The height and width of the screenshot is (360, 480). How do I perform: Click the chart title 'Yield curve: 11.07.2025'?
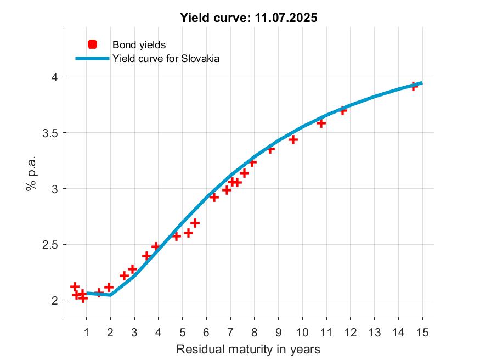click(249, 18)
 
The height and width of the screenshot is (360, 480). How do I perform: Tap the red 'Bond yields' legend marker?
click(92, 44)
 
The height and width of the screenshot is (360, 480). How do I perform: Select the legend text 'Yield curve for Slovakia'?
click(166, 58)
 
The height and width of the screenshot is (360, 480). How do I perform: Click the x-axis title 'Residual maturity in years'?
click(248, 349)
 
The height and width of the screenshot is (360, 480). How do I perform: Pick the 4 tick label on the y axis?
click(54, 77)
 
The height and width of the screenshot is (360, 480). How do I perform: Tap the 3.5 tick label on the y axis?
click(50, 133)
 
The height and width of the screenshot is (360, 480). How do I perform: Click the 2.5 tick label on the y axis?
click(50, 245)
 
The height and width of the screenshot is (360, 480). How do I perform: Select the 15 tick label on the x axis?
click(422, 332)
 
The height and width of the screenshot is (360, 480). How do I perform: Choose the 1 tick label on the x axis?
click(86, 332)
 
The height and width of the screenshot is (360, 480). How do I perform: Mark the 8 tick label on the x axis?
click(254, 332)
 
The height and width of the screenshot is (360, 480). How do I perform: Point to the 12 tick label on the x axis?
click(350, 332)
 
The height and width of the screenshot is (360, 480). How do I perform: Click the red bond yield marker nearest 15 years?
click(414, 86)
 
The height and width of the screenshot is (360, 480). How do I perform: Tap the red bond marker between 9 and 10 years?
click(293, 139)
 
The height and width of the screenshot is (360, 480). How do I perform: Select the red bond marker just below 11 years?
click(321, 123)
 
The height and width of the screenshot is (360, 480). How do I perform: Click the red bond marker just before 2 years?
click(109, 287)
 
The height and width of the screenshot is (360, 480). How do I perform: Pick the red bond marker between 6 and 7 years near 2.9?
click(214, 197)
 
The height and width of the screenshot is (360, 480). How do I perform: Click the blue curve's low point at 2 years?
click(110, 295)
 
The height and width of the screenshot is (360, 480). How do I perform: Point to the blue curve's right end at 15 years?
click(421, 83)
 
